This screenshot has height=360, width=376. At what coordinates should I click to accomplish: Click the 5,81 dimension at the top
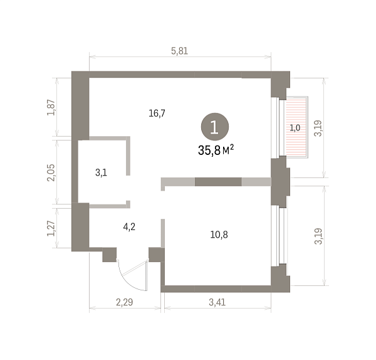point(179,51)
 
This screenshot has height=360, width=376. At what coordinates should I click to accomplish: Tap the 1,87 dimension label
point(51,107)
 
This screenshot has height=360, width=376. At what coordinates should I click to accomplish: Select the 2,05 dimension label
point(51,172)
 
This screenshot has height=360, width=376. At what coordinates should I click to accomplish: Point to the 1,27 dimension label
point(51,228)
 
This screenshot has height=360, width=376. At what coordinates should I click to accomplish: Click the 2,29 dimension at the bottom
point(125,302)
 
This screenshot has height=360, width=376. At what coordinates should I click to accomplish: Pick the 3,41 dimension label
point(217,302)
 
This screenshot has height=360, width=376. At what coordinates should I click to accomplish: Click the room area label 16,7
point(157,113)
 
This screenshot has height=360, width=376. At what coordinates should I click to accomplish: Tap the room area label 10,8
point(219,235)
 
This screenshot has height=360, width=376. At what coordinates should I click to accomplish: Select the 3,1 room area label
point(101,172)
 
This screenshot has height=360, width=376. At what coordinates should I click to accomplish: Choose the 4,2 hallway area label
point(129,226)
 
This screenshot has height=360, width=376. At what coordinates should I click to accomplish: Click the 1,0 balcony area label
point(295,128)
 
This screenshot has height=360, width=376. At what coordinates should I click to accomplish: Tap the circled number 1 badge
point(214,127)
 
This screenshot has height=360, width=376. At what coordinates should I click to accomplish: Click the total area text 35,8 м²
point(216,150)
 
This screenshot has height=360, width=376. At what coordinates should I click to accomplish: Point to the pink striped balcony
point(295,127)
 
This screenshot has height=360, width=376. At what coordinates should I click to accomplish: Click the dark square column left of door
point(110,255)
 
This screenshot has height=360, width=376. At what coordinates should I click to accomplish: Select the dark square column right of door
point(156,255)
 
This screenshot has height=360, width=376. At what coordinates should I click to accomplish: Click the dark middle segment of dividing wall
point(218,182)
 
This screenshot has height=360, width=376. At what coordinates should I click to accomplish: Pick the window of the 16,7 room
point(278,127)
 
